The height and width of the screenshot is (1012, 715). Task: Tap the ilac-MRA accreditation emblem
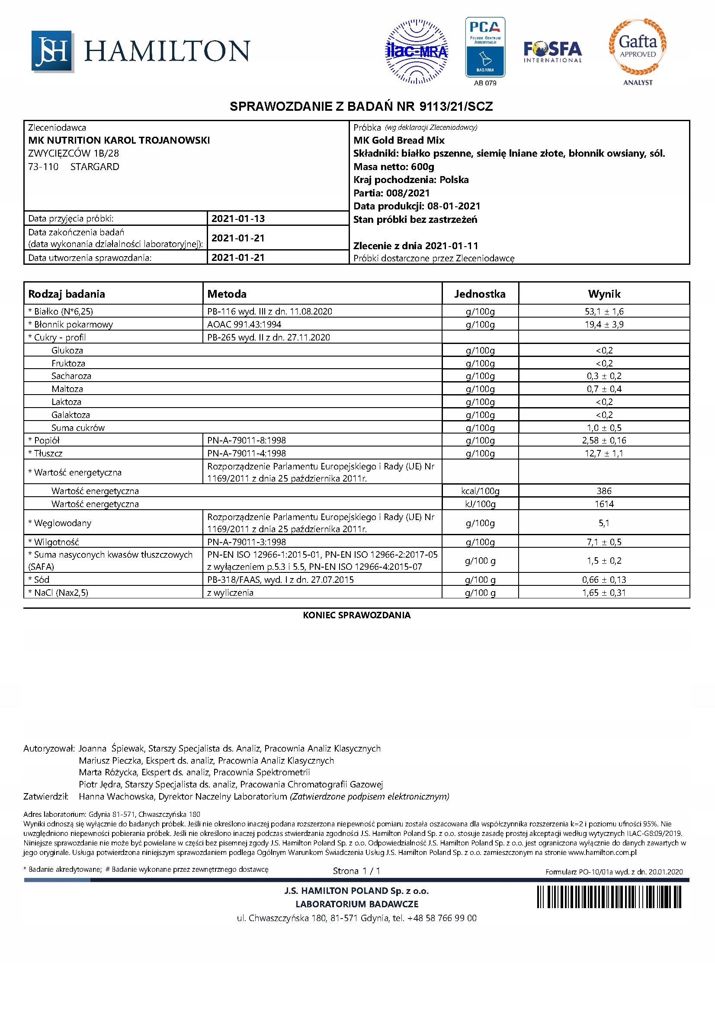[x=416, y=51]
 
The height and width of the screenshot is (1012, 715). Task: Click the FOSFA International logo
[x=552, y=52]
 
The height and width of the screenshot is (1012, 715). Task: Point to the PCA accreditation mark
[x=485, y=48]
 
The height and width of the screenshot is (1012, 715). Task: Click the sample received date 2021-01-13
[x=238, y=218]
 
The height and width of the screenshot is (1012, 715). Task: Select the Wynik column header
[x=603, y=294]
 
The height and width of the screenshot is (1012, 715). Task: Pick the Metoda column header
[x=227, y=294]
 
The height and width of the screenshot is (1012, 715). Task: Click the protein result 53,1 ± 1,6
[x=603, y=312]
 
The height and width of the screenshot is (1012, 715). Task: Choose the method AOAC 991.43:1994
[x=244, y=325]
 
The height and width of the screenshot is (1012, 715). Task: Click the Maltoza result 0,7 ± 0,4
[x=603, y=389]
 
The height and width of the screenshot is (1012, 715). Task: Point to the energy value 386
[x=603, y=491]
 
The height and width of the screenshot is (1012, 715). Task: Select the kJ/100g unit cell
[x=480, y=504]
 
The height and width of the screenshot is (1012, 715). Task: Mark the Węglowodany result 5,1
[x=603, y=523]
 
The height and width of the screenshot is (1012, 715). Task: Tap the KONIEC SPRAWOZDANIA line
[x=356, y=615]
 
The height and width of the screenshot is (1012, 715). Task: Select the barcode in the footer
[x=609, y=896]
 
